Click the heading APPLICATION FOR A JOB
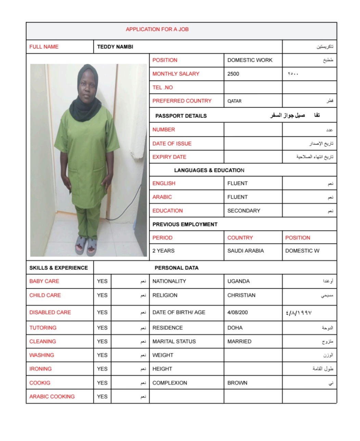pos(157,29)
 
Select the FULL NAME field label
pos(44,47)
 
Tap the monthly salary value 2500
pos(233,74)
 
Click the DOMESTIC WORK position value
pos(250,60)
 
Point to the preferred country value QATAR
pos(234,101)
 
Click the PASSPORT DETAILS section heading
pos(181,116)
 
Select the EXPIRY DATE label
pos(169,157)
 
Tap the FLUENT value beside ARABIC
pos(237,197)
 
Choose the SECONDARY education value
pos(244,211)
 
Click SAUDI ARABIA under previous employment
pos(245,251)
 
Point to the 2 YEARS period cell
pos(163,251)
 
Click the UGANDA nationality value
pos(239,281)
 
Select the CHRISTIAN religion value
pos(241,295)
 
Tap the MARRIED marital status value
pos(239,342)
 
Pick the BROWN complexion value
pos(237,383)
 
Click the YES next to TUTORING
pos(102,328)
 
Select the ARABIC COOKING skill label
pos(52,397)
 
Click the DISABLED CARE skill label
pos(50,313)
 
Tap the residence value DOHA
pos(235,328)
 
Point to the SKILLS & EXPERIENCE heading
pos(59,268)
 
